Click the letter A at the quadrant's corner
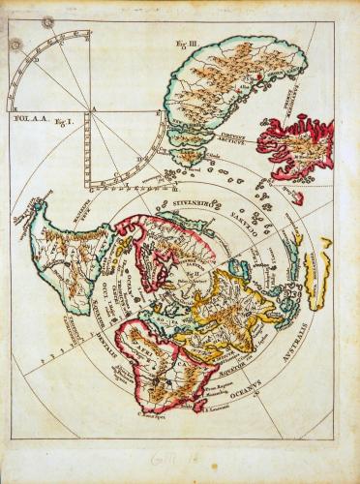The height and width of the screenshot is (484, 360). (94, 108)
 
